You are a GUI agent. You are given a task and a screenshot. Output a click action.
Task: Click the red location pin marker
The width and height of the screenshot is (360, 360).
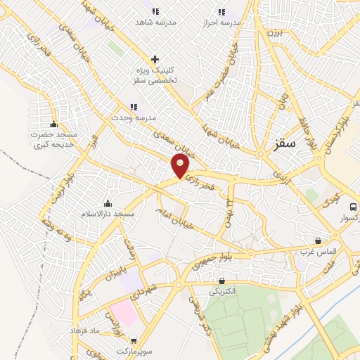(x=181, y=166)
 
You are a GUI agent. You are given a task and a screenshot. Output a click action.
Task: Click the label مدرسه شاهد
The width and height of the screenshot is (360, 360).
(x=155, y=22)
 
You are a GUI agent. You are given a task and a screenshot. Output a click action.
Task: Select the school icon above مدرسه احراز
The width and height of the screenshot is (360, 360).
(x=222, y=11)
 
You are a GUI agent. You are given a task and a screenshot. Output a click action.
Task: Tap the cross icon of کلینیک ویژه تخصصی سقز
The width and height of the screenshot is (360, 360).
(x=155, y=59)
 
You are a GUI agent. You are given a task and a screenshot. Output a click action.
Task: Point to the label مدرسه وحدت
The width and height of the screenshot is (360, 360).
(x=134, y=117)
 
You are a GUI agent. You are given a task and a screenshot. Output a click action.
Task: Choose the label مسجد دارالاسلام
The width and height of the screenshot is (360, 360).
(x=107, y=212)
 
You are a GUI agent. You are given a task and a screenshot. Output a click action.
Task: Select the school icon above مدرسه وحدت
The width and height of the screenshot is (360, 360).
(x=134, y=107)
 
